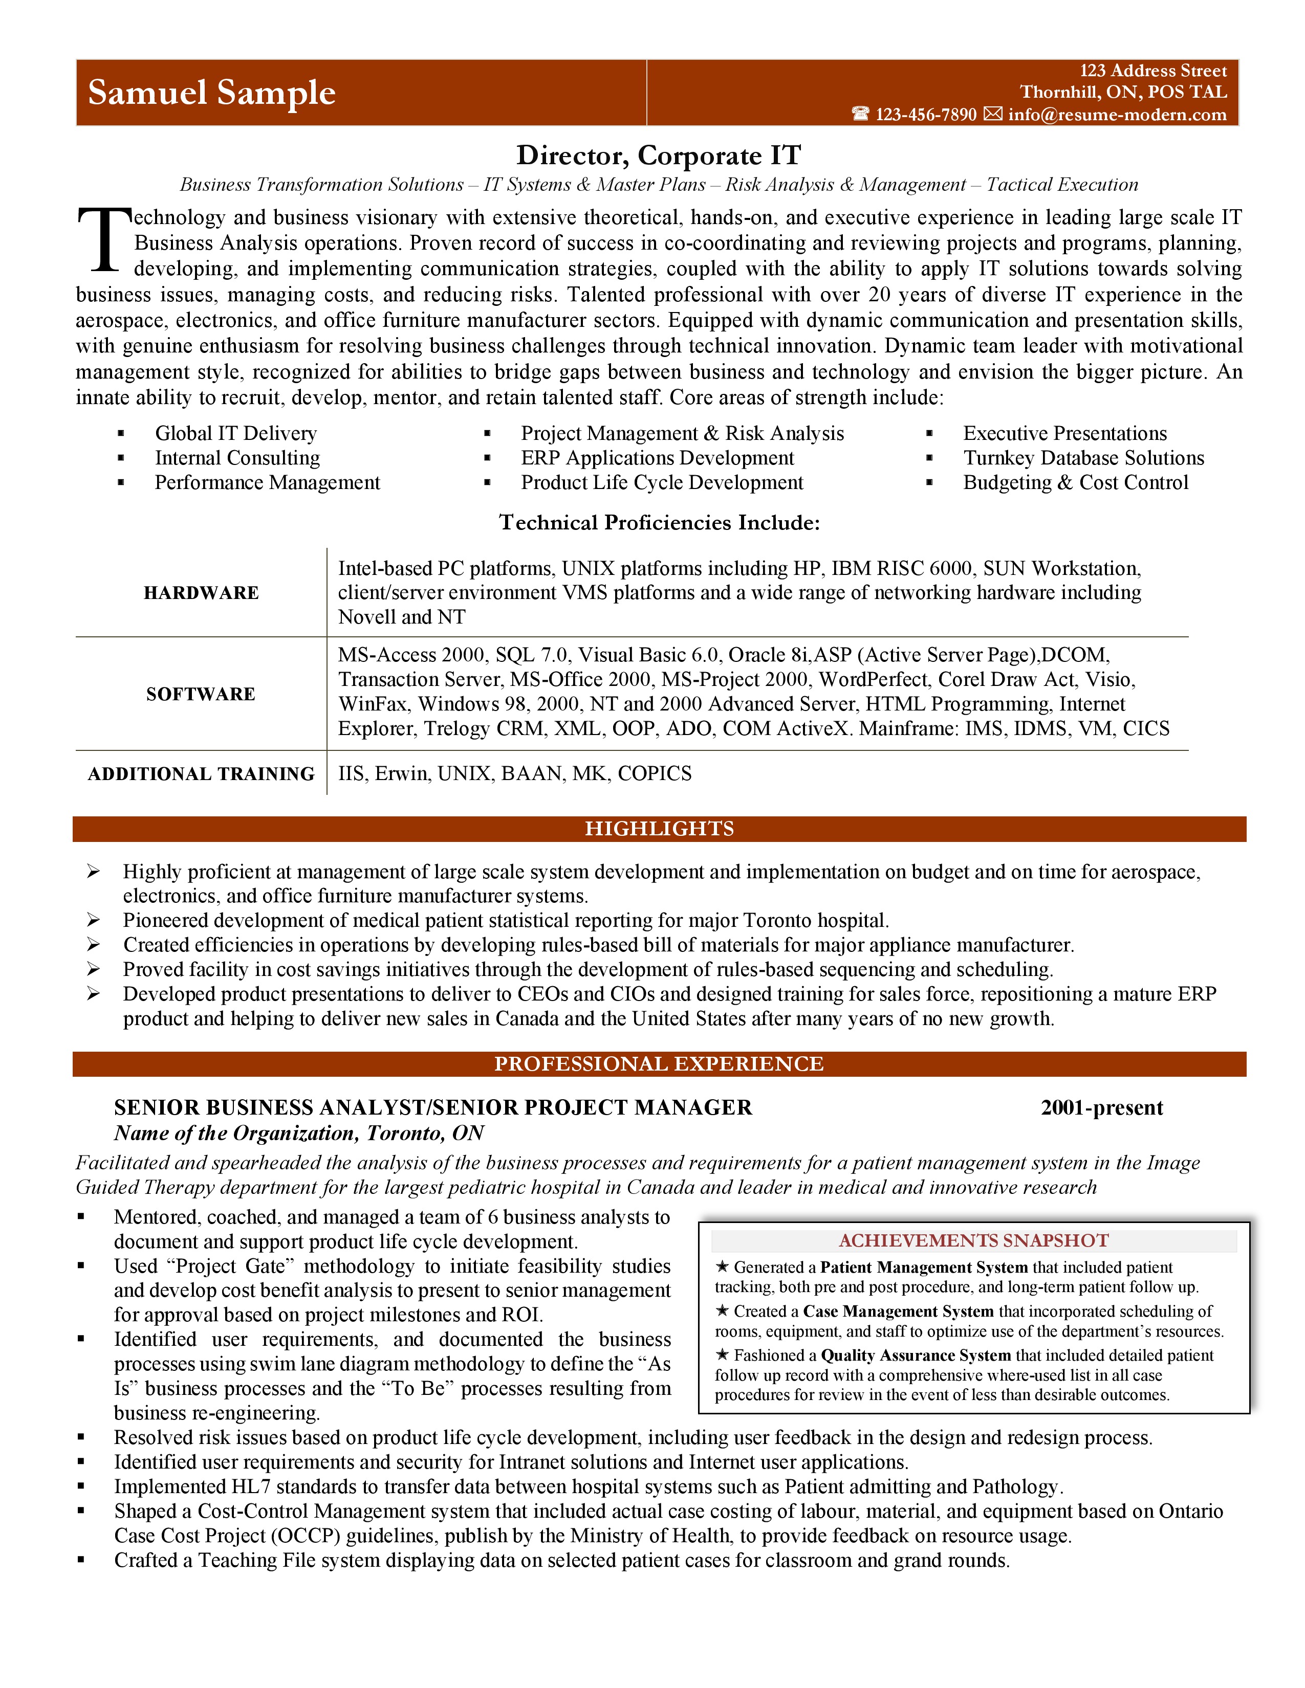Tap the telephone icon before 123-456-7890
coord(860,115)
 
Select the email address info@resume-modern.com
coord(1117,115)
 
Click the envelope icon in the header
coord(993,115)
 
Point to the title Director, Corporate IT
coord(659,156)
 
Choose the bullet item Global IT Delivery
coord(236,434)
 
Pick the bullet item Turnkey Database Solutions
coord(1083,458)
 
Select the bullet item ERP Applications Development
coord(657,458)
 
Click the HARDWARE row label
coord(201,593)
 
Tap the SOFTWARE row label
coord(201,694)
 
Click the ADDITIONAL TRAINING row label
coord(201,773)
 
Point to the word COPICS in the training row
coord(655,773)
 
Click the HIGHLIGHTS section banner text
coord(659,829)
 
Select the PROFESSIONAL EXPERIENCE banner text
coord(659,1064)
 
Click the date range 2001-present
coord(1102,1107)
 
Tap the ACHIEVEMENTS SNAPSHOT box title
coord(973,1240)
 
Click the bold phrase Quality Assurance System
coord(916,1356)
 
